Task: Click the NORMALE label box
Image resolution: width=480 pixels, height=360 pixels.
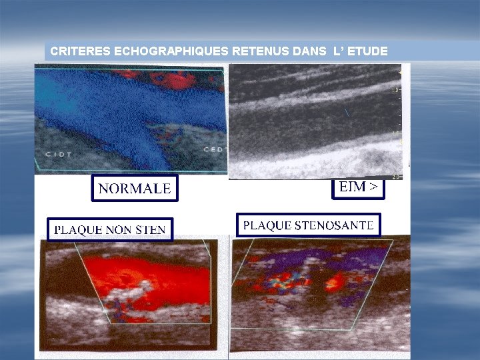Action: pyautogui.click(x=134, y=189)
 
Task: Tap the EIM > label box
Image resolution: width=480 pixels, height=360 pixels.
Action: pyautogui.click(x=358, y=188)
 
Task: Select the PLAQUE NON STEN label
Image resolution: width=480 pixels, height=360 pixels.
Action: pyautogui.click(x=110, y=229)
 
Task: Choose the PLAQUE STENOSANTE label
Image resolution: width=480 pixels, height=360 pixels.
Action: pyautogui.click(x=308, y=225)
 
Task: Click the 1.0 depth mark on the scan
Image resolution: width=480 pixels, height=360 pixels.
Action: pyautogui.click(x=395, y=89)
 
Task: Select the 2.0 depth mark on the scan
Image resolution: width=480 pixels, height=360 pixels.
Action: pyautogui.click(x=395, y=177)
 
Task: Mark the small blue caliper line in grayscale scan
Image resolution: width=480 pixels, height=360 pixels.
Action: pyautogui.click(x=345, y=113)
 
